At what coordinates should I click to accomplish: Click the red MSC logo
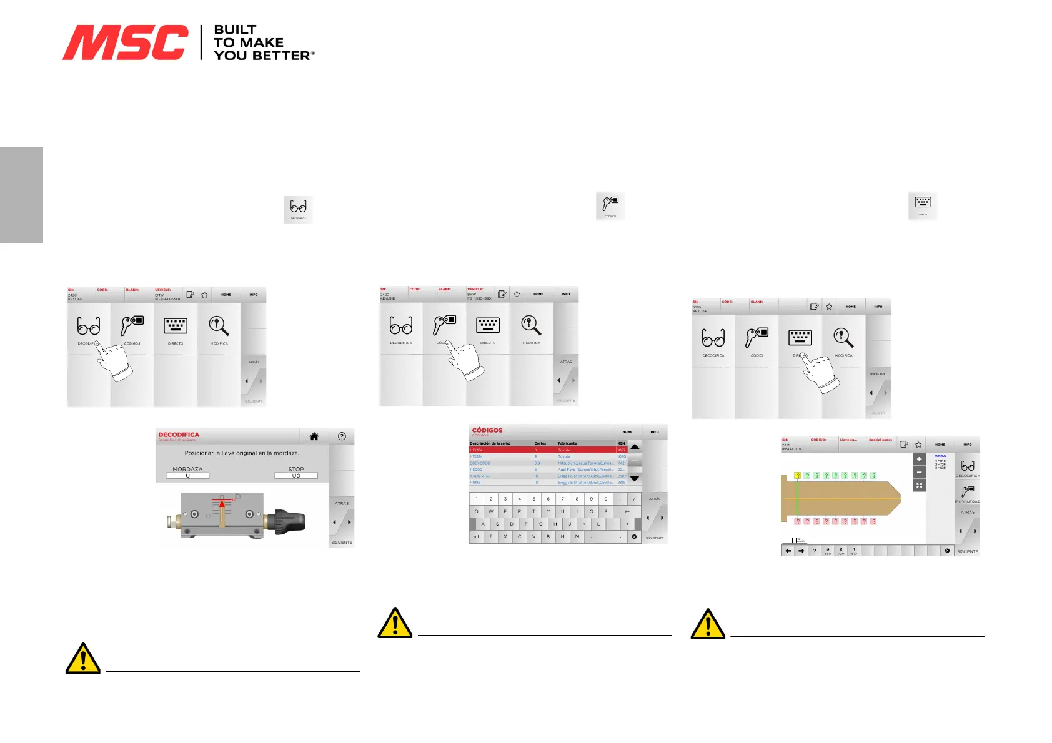click(125, 42)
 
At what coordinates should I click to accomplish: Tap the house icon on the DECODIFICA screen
click(314, 436)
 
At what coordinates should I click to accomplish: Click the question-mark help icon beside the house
click(342, 436)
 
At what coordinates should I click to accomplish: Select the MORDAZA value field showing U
click(187, 476)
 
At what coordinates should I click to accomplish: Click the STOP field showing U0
click(296, 476)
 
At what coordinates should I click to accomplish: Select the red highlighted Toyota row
click(547, 450)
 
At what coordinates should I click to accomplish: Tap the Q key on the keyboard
click(476, 511)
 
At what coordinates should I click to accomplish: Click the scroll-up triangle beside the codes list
click(635, 447)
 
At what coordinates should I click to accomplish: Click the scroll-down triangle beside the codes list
click(635, 479)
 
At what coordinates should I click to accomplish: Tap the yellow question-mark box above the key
click(797, 476)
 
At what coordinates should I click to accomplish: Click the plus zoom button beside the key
click(919, 460)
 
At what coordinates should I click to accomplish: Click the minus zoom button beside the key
click(919, 473)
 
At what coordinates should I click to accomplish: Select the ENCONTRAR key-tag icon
click(967, 492)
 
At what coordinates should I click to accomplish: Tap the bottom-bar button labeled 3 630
click(828, 551)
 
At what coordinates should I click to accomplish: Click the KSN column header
click(621, 443)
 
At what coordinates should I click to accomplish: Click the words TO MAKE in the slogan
click(249, 42)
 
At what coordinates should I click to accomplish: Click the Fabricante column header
click(567, 443)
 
